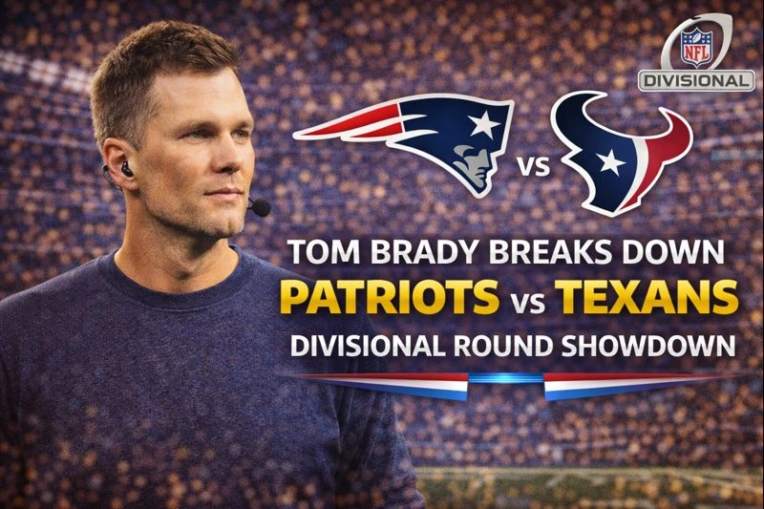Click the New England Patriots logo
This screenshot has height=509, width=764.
(x=420, y=143)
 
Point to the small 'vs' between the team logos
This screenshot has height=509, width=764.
(x=533, y=170)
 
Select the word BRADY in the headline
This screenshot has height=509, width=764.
(x=412, y=255)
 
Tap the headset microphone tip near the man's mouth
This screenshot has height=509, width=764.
(x=259, y=206)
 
